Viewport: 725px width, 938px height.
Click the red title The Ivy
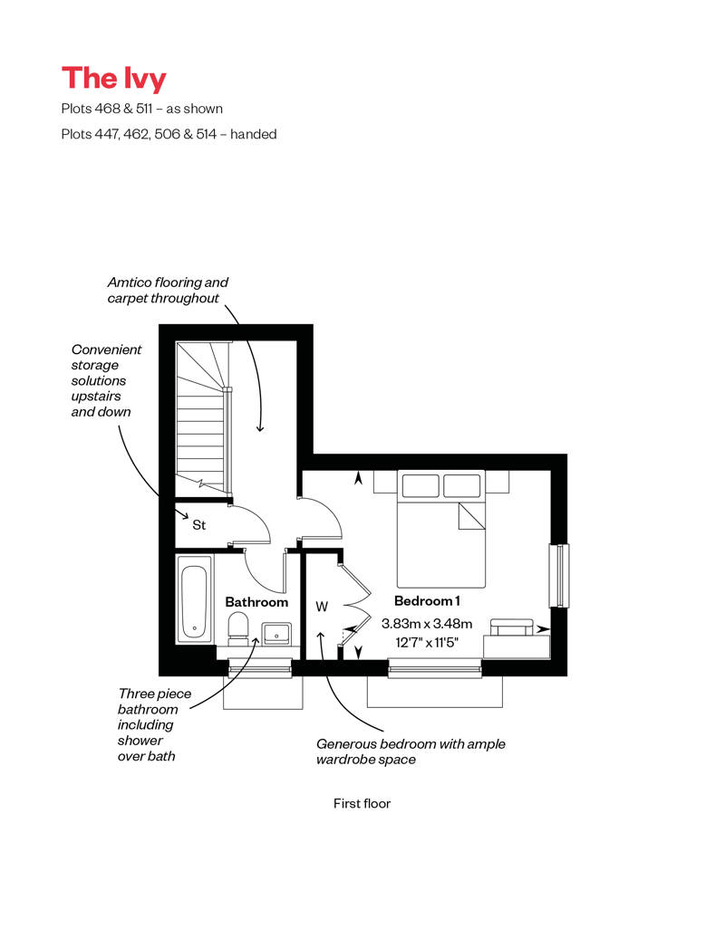[114, 79]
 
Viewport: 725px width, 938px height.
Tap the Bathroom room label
[256, 602]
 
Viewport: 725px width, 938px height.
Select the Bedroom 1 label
[427, 600]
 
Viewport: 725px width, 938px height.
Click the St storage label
[198, 524]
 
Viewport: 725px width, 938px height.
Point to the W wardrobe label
[322, 607]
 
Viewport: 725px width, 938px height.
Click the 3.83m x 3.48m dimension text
[427, 623]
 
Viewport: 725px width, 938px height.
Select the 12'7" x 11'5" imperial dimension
[427, 643]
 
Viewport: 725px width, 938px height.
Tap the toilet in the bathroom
[238, 630]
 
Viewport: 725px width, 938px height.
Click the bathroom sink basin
[277, 633]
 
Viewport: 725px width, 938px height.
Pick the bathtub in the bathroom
[194, 599]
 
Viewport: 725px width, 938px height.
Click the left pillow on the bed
[420, 485]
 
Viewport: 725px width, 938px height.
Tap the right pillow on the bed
[461, 485]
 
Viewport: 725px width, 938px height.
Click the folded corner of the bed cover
[471, 516]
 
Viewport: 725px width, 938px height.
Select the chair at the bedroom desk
[511, 627]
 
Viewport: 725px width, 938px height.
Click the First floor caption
[362, 803]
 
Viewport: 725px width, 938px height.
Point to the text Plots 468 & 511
[107, 109]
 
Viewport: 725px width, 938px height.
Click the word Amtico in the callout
[130, 282]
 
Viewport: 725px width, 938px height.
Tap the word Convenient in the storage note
[106, 349]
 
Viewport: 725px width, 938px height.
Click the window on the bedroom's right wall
[559, 576]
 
